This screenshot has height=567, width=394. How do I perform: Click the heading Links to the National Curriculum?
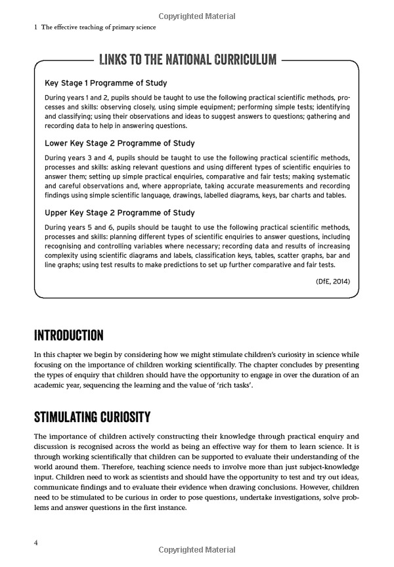click(187, 60)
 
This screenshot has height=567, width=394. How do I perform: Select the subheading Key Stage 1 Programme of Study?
click(106, 83)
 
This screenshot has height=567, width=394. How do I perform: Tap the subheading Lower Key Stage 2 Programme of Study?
click(120, 143)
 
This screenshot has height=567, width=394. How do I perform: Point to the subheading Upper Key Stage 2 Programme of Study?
click(120, 213)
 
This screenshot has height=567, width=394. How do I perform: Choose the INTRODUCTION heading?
click(68, 335)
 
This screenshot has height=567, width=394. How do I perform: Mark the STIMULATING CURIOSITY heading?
click(93, 417)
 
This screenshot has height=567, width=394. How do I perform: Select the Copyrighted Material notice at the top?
click(196, 14)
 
